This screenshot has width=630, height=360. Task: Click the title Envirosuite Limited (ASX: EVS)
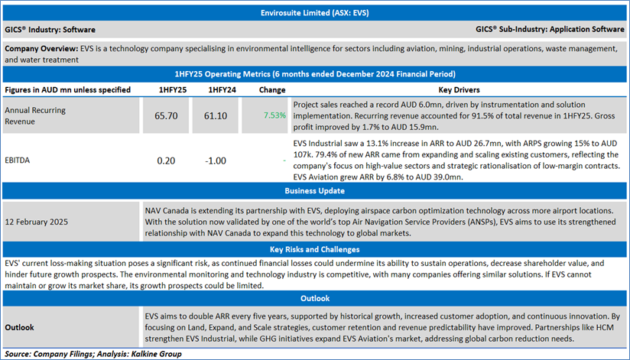[315, 13]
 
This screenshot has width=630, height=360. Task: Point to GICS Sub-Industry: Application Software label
[550, 30]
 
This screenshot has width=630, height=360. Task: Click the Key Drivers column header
[457, 89]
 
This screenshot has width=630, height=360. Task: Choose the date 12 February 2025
[37, 222]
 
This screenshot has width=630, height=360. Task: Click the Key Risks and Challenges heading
[315, 250]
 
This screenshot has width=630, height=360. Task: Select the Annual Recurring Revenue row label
[35, 116]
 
